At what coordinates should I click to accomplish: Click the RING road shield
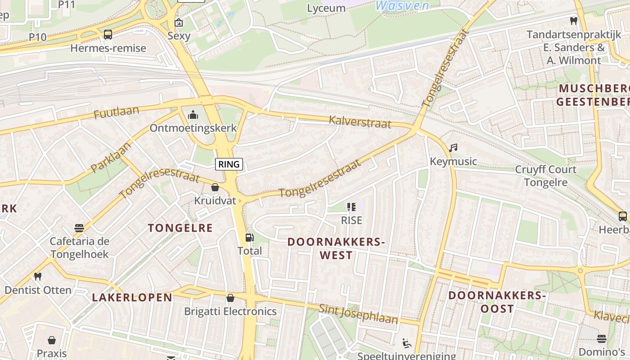[229, 164]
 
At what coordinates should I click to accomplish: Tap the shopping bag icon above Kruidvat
[215, 187]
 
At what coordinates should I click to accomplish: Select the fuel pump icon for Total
[249, 238]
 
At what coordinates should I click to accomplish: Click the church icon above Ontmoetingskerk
[193, 115]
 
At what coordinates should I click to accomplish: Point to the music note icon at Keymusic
[454, 148]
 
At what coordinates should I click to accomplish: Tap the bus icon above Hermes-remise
[108, 35]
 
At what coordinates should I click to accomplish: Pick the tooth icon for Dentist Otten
[38, 276]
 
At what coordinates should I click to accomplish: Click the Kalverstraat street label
[360, 121]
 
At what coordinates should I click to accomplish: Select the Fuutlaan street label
[116, 112]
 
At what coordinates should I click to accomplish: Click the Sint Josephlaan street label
[359, 314]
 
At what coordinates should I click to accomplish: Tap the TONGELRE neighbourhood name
[180, 228]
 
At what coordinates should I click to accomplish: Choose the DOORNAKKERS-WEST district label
[336, 248]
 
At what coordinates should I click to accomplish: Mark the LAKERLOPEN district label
[132, 297]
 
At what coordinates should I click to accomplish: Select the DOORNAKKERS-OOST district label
[497, 302]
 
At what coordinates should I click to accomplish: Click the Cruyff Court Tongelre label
[545, 176]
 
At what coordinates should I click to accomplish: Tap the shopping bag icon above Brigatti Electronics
[230, 298]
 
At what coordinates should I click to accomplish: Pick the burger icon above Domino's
[602, 338]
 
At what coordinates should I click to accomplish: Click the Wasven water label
[402, 5]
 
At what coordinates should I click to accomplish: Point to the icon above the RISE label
[351, 207]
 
